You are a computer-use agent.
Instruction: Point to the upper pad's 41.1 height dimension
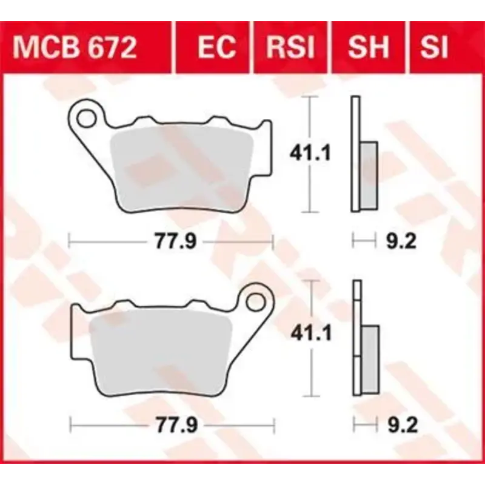[x=309, y=153]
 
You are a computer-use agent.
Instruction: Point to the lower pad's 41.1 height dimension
[x=309, y=333]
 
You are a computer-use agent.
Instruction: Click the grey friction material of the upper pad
[x=182, y=170]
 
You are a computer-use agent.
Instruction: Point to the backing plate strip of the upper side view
[x=355, y=155]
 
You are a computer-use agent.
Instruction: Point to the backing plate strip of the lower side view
[x=356, y=339]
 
